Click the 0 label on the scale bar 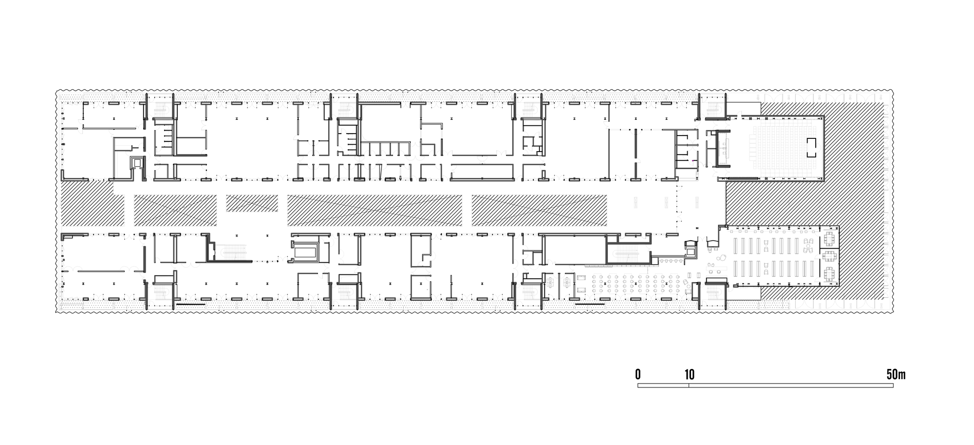638,374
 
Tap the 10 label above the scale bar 689,374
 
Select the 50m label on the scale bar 896,374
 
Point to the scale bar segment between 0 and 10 663,386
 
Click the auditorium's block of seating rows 780,152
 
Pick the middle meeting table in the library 829,256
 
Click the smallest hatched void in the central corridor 252,203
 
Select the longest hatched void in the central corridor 375,210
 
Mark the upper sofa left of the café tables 581,277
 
